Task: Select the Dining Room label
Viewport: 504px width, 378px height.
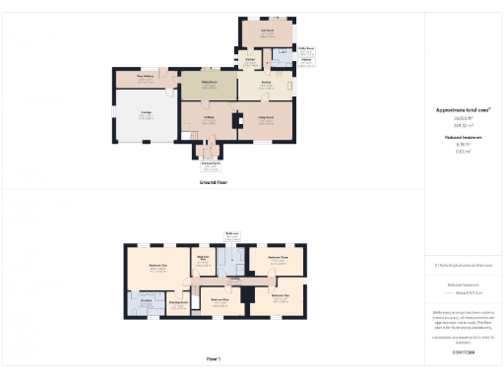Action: tap(209, 86)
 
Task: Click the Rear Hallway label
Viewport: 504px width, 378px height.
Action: tap(145, 77)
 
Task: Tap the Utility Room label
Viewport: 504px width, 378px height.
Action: tap(305, 47)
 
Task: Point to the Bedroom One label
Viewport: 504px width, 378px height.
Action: tap(157, 267)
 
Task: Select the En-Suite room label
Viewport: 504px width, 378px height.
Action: tap(146, 300)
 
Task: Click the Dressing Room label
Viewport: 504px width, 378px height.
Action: tap(178, 303)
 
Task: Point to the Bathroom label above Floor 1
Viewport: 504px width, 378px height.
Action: tap(232, 233)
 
